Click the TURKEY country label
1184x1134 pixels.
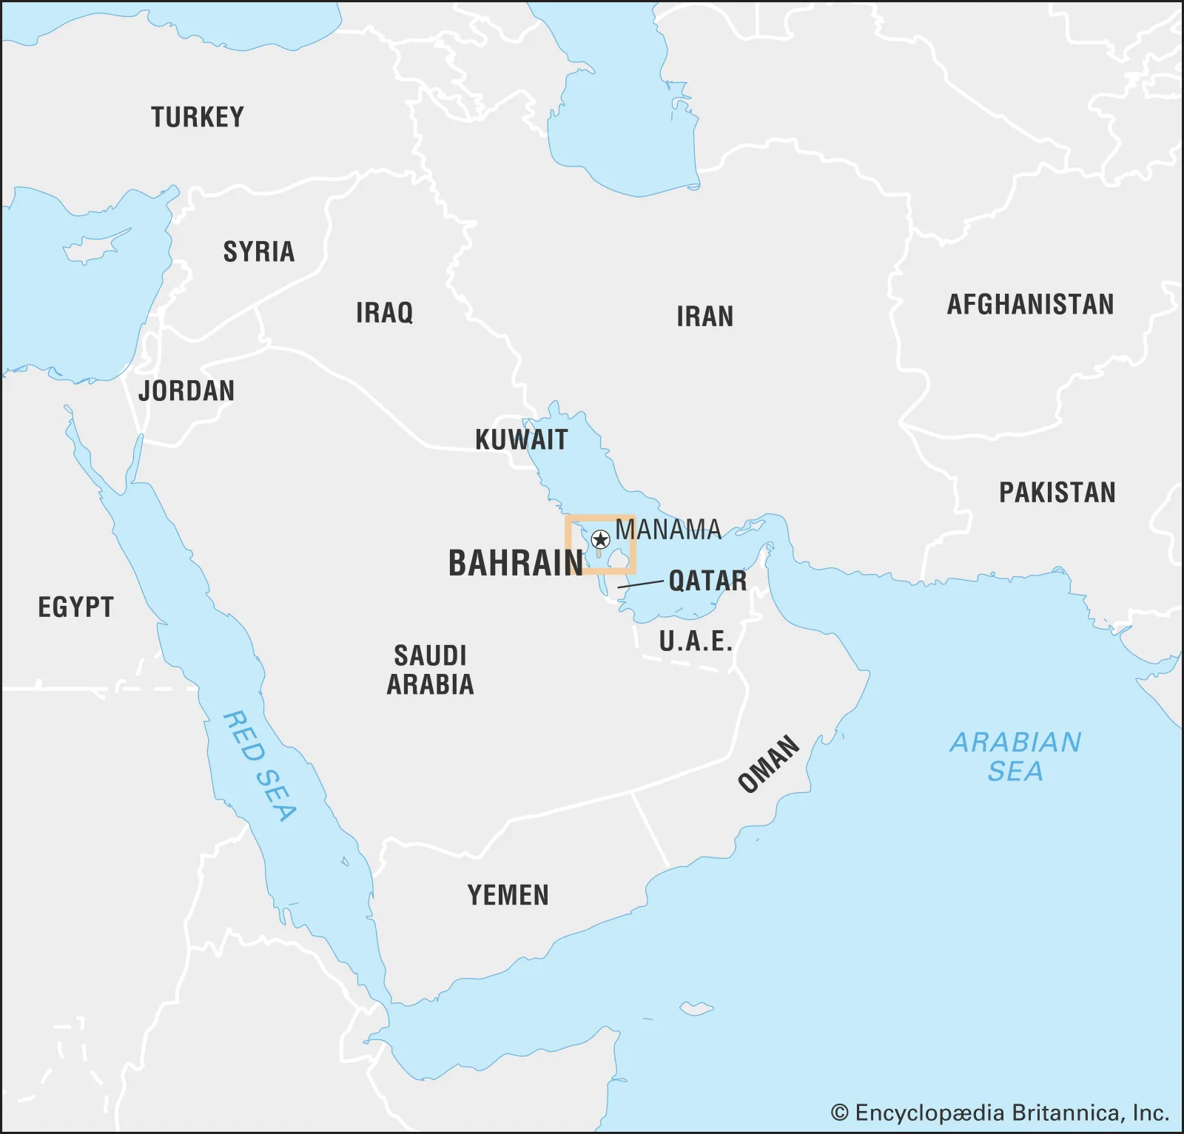[x=198, y=118]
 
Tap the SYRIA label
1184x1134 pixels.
[x=259, y=252]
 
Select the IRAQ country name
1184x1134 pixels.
[x=384, y=313]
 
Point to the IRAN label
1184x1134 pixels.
[x=704, y=317]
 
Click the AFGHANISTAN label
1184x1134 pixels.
[x=1030, y=305]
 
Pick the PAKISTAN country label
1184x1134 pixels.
[x=1057, y=493]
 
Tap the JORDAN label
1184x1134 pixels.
[x=186, y=391]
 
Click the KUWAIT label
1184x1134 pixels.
[x=521, y=440]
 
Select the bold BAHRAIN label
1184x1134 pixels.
[x=516, y=564]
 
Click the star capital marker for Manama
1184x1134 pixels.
[x=601, y=539]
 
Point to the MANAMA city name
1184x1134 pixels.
[x=668, y=530]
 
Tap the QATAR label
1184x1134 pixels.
[x=707, y=581]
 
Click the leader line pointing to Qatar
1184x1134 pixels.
[x=641, y=584]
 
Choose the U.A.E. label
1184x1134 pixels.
[x=696, y=641]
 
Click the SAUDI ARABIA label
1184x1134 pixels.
[x=430, y=670]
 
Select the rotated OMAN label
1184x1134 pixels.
[x=769, y=764]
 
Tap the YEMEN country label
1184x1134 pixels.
[x=508, y=896]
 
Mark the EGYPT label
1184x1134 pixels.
[x=75, y=608]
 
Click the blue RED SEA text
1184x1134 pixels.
[x=260, y=766]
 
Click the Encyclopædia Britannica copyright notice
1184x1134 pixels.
[x=1000, y=1113]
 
